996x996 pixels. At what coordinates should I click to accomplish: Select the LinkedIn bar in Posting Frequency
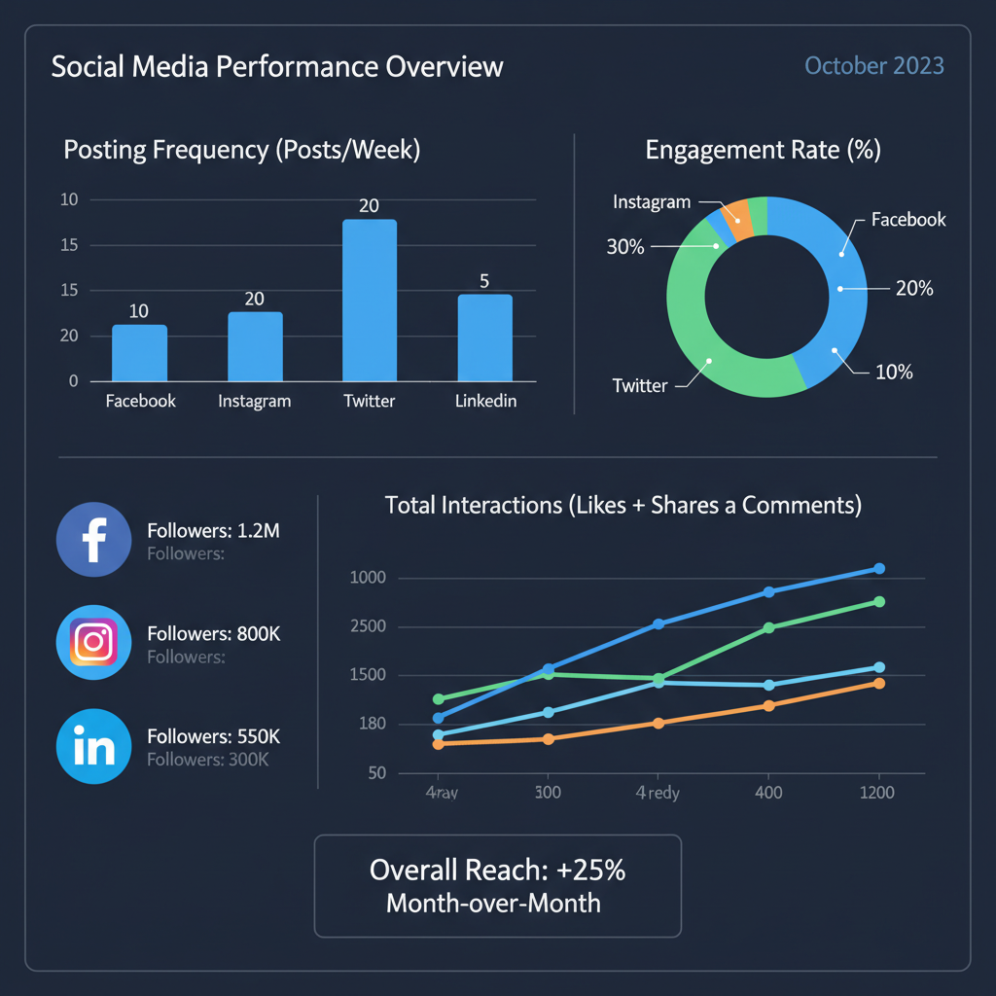484,338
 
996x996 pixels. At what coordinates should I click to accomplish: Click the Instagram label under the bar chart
255,401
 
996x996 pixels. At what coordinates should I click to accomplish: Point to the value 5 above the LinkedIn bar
484,281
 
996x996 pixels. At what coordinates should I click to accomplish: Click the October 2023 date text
874,66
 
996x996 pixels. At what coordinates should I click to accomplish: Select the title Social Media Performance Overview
277,67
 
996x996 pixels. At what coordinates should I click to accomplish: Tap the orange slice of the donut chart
736,217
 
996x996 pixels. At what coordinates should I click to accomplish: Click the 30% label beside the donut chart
625,247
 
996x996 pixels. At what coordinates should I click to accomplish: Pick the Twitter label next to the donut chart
640,385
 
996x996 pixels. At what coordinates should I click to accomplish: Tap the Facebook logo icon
94,540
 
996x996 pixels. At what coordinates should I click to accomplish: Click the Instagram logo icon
94,642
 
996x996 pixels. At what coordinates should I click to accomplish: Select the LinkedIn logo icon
94,746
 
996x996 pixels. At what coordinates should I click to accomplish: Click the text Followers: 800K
214,633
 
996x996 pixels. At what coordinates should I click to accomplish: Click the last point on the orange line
879,683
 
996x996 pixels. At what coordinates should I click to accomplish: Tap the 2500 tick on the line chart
368,626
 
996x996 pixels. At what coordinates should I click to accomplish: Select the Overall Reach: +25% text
497,870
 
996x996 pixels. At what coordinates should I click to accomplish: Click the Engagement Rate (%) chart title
764,151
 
